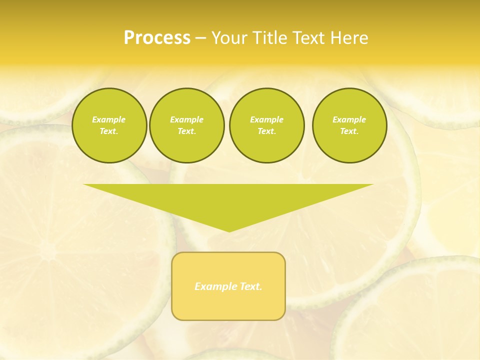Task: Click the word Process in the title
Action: [x=157, y=38]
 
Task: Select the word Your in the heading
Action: [x=230, y=38]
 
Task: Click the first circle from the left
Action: [x=109, y=125]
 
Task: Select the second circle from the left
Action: [x=186, y=125]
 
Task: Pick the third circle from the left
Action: [x=266, y=125]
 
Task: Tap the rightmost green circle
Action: [x=349, y=125]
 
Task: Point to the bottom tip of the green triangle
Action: [x=229, y=231]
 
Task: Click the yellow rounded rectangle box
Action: [x=228, y=300]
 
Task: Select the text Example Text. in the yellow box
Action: [x=228, y=286]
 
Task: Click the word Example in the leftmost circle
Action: [x=109, y=119]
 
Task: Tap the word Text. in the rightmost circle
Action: [x=349, y=131]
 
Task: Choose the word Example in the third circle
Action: [x=266, y=119]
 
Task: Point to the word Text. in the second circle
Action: [x=186, y=131]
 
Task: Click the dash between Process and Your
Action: [x=200, y=38]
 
